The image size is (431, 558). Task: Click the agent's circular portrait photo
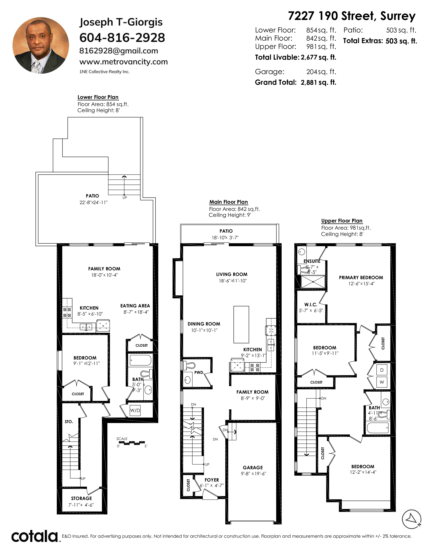click(x=41, y=45)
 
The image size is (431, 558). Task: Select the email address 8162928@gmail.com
click(x=119, y=51)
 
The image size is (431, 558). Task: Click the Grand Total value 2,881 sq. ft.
click(x=318, y=82)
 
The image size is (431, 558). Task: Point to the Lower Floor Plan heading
click(x=98, y=97)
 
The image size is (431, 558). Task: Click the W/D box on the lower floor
click(x=135, y=410)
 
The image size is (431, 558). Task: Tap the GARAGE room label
click(x=253, y=468)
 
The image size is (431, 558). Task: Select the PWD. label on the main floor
click(x=199, y=373)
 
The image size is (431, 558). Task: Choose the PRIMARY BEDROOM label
click(x=361, y=277)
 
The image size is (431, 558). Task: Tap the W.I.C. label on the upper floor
click(x=311, y=305)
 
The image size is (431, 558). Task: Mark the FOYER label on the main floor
click(x=212, y=480)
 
